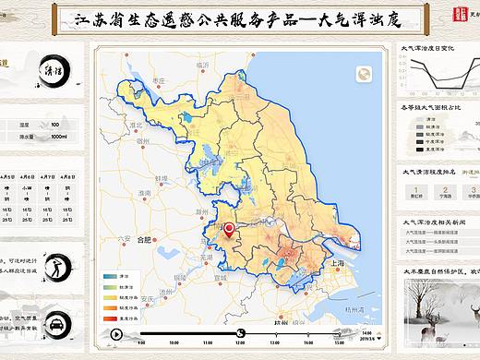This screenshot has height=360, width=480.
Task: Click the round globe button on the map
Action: (366, 76)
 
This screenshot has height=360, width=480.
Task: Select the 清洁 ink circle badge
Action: (54, 71)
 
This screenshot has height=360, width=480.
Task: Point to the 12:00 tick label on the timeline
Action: (240, 342)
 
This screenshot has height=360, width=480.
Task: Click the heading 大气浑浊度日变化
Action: (426, 48)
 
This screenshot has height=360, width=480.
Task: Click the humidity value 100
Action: (55, 124)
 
